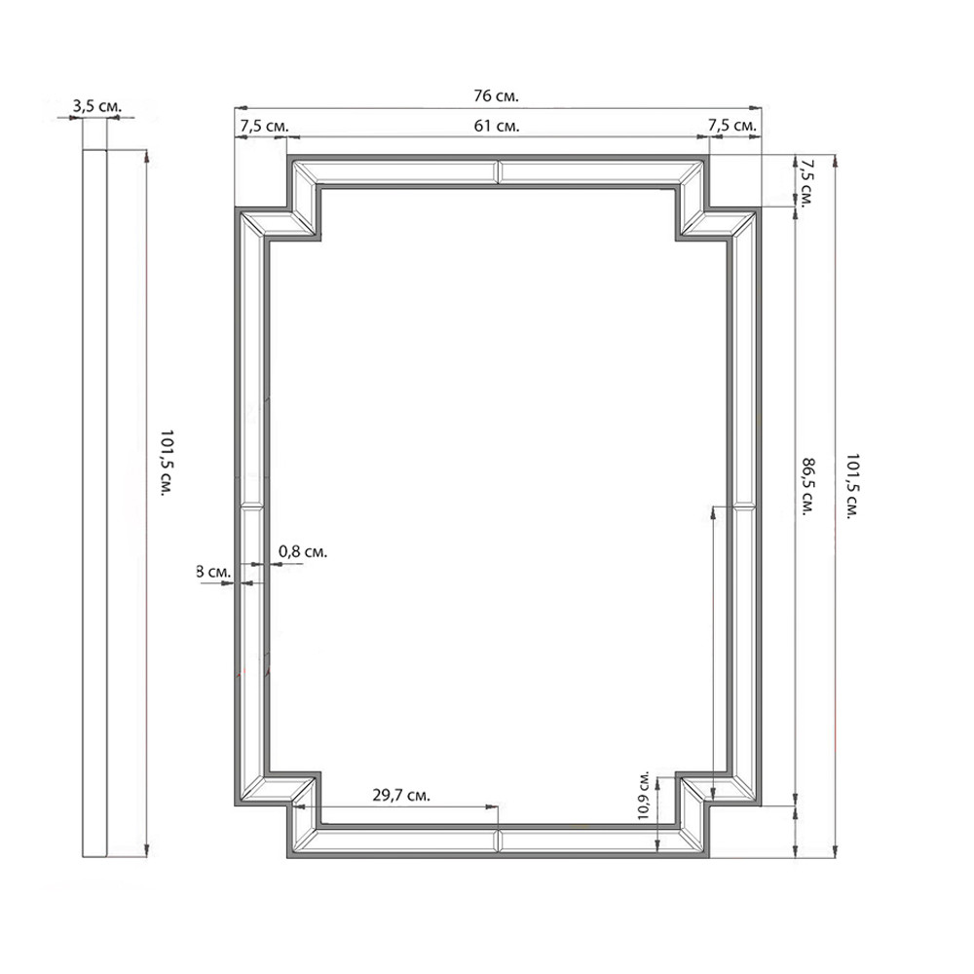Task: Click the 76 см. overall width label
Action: pos(496,96)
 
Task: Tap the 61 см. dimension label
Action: pos(497,126)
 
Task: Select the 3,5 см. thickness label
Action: pos(96,106)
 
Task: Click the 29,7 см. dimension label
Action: pos(401,795)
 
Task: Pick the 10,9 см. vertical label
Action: pos(644,796)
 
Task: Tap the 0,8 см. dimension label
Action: pos(303,551)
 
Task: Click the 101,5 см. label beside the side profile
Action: pos(166,463)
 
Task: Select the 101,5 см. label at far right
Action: pos(852,486)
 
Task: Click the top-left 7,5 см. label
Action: pos(265,126)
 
